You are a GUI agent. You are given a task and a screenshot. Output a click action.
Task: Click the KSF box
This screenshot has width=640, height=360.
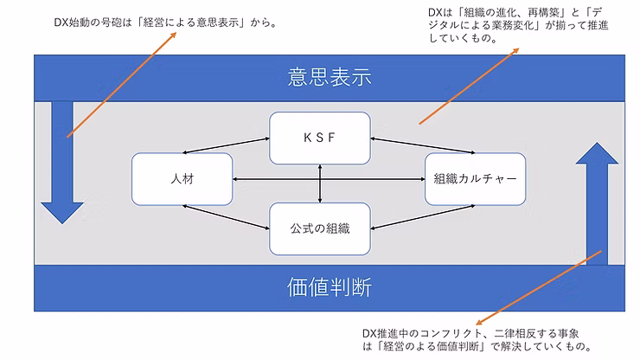tap(320, 138)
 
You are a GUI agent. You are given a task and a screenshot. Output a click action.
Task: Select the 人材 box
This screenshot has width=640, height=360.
tap(182, 179)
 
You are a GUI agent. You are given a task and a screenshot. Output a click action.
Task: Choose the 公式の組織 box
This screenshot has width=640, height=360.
tap(320, 228)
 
